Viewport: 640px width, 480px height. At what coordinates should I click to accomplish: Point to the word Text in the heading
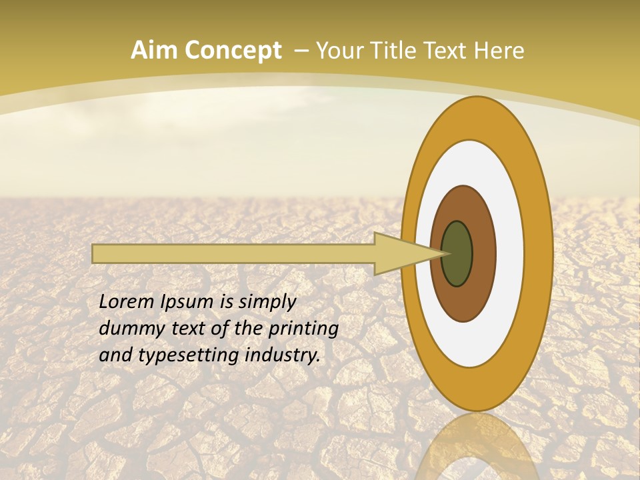coord(447,51)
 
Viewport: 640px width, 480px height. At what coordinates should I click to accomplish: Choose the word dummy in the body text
coord(127,329)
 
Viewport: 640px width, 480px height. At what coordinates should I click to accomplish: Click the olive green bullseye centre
coord(457,254)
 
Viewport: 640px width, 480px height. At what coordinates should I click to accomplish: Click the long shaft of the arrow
coord(233,254)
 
